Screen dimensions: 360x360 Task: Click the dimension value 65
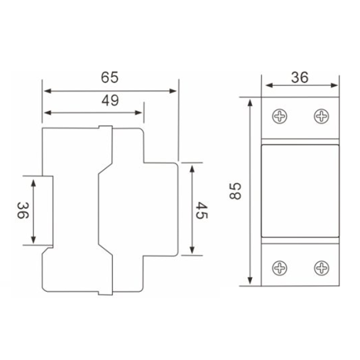coord(110,77)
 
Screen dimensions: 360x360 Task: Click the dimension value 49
coord(110,100)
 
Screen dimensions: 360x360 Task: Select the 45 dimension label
coord(202,210)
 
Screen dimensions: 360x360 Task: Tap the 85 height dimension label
coord(235,191)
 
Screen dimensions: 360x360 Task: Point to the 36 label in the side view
coord(23,210)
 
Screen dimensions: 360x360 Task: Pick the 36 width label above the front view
coord(300,77)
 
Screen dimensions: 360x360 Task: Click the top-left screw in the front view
coord(280,116)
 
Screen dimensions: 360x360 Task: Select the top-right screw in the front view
coord(321,116)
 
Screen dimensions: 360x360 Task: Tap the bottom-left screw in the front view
coord(280,268)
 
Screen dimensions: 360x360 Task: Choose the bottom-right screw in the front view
coord(321,268)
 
